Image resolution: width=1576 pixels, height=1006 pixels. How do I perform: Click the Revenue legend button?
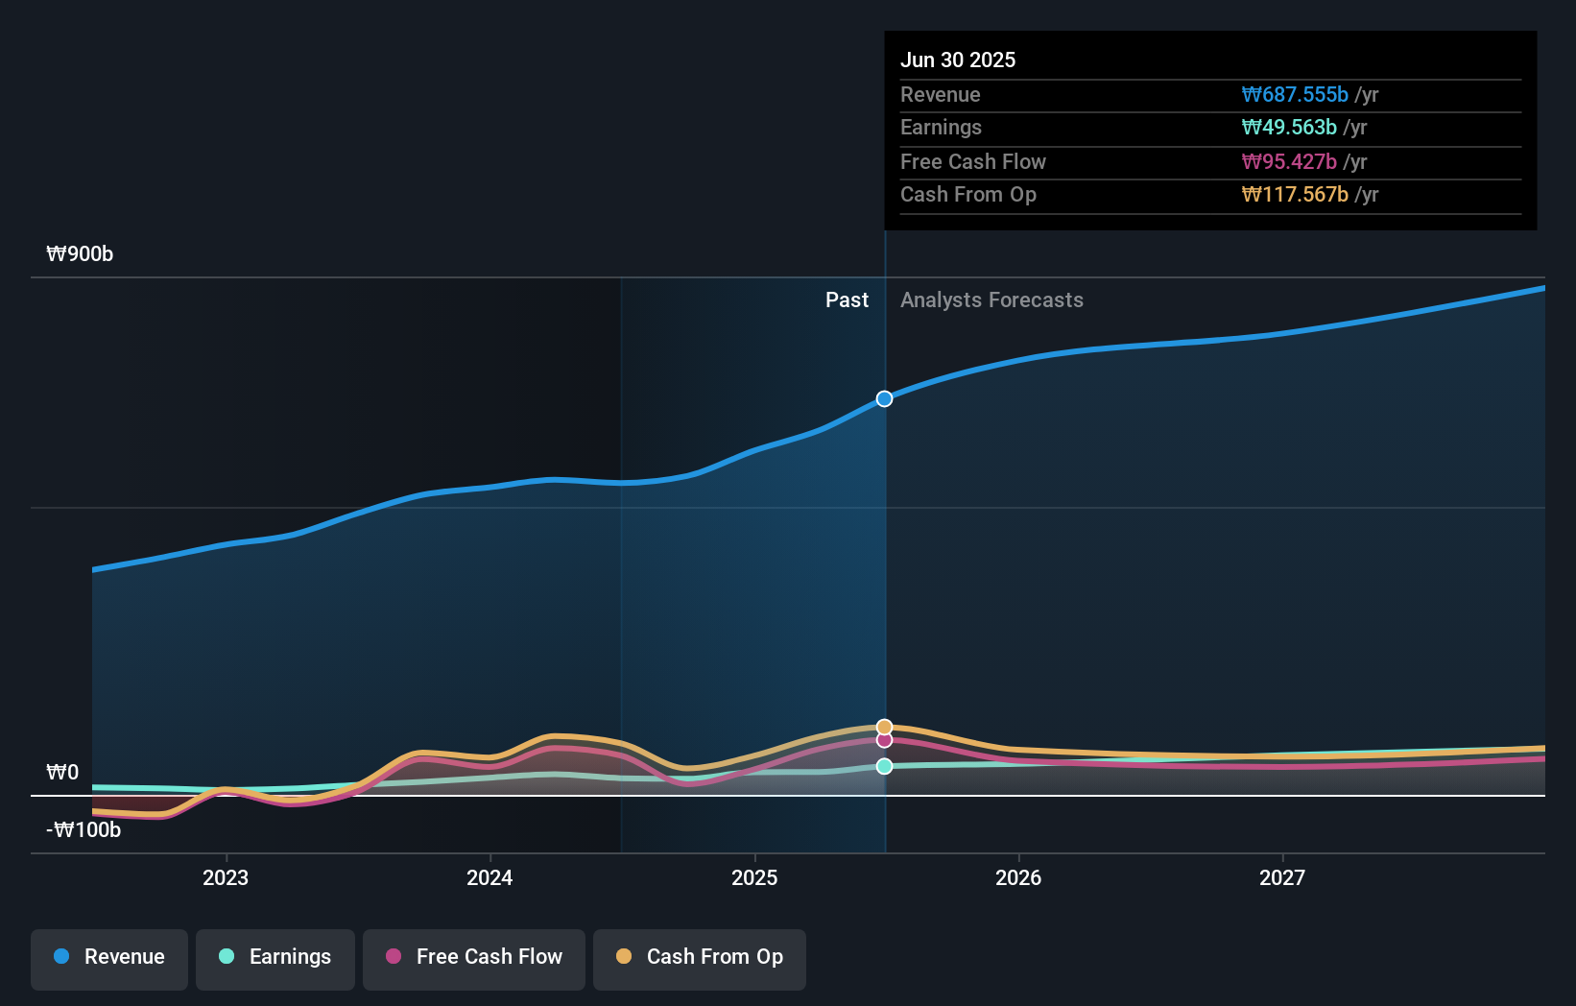(x=109, y=958)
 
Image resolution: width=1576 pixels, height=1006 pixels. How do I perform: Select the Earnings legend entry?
(x=275, y=958)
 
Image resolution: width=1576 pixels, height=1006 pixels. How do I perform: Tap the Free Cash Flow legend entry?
(x=474, y=958)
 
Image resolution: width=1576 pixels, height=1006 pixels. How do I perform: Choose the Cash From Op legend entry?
(x=700, y=958)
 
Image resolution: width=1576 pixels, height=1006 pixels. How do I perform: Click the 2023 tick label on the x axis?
(x=226, y=878)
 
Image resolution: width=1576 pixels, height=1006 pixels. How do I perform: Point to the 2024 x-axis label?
(x=490, y=878)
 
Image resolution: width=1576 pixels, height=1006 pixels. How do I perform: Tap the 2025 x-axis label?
(x=754, y=878)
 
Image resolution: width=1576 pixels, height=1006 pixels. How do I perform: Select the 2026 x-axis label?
(x=1018, y=878)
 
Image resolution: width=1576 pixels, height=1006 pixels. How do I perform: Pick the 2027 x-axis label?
(x=1282, y=878)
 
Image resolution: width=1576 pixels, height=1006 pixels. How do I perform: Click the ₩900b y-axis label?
(x=80, y=254)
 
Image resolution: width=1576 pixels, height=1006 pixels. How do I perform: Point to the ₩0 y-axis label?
(x=62, y=773)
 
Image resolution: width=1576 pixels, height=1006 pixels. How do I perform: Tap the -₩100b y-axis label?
(x=84, y=830)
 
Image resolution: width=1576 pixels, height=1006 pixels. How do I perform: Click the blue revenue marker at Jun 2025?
(x=884, y=399)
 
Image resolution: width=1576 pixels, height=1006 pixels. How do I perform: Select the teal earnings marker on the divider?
(x=884, y=766)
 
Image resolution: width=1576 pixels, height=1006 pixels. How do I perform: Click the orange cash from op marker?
(x=884, y=727)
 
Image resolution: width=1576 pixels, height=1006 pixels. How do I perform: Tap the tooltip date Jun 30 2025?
(x=957, y=60)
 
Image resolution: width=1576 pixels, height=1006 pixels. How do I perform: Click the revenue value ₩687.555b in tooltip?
(x=1295, y=95)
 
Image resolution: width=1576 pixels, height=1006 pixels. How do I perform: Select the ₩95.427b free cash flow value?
(x=1289, y=162)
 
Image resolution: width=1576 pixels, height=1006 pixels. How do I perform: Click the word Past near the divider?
(x=847, y=300)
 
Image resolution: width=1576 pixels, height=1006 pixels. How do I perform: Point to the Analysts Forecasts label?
(x=991, y=300)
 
